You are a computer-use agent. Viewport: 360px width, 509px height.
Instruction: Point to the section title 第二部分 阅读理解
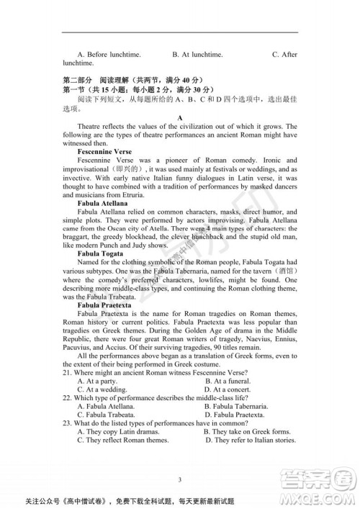point(94,79)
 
